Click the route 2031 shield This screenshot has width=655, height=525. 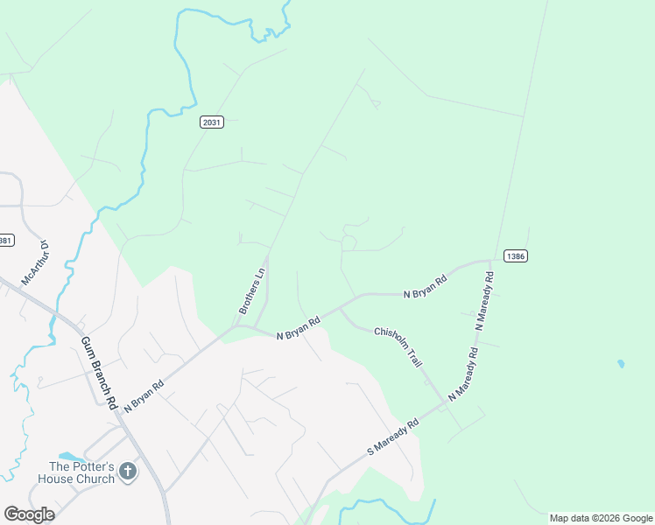pos(212,122)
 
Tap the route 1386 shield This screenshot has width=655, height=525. pos(516,256)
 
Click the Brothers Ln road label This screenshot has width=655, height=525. pos(252,291)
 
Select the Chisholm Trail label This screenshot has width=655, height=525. pos(398,346)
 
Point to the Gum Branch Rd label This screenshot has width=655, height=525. pos(100,374)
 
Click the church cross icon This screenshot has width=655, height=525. pos(127,472)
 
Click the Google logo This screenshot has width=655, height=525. pos(29,514)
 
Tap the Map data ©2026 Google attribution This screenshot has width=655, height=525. pos(601,518)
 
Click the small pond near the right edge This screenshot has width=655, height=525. pos(621,363)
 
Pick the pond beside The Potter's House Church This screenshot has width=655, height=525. pos(70,457)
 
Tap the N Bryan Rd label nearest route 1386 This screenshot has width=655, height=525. pos(426,287)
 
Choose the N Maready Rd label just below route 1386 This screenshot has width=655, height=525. pos(485,300)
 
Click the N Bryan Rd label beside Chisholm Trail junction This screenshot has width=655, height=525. pos(299,329)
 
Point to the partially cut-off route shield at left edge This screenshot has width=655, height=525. pos(5,240)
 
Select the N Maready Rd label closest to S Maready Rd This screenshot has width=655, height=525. pos(463,374)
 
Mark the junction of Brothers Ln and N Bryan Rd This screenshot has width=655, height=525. pos(236,326)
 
